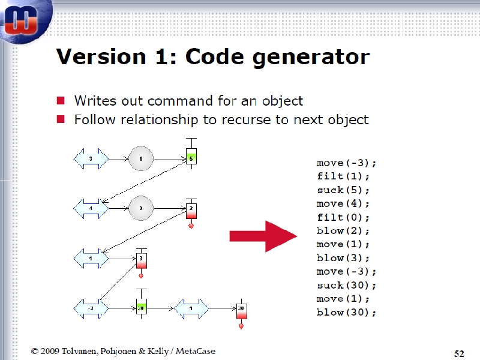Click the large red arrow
point(263,236)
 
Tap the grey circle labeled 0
point(141,208)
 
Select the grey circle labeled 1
point(141,158)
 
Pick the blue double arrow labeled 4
point(91,208)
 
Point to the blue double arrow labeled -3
point(91,308)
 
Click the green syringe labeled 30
point(141,304)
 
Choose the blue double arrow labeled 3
point(91,158)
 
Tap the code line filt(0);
point(343,217)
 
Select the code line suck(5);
point(343,190)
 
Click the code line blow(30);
point(346,313)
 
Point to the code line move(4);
point(343,203)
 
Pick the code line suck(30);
point(346,286)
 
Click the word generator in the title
point(311,57)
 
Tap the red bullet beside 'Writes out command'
point(61,100)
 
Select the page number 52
point(459,353)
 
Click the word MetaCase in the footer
point(196,351)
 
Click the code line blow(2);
point(343,231)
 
